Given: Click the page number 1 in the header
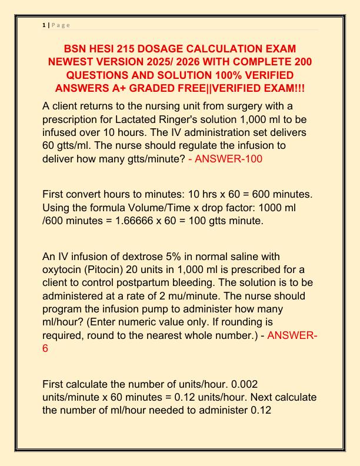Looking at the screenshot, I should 44,26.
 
